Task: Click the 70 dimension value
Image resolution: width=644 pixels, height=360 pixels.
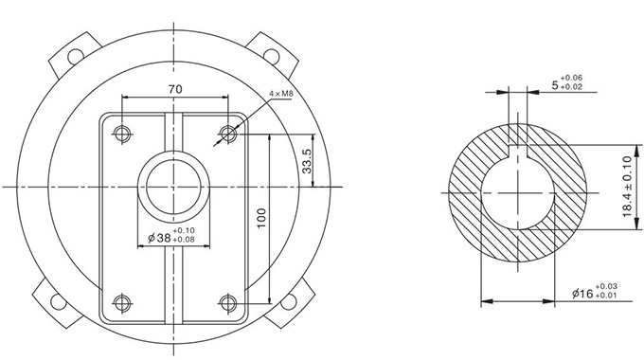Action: tap(175, 89)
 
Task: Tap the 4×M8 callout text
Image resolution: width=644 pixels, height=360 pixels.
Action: tap(281, 94)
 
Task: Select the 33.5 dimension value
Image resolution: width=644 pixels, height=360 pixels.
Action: tap(307, 161)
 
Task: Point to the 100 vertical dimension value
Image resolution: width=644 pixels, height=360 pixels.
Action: tap(261, 218)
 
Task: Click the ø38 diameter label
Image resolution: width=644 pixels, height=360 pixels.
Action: tap(159, 238)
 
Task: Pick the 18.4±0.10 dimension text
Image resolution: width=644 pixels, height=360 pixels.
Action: tap(627, 187)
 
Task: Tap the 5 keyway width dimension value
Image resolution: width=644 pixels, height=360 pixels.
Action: tap(555, 85)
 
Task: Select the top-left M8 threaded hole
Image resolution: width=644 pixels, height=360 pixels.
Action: tap(122, 134)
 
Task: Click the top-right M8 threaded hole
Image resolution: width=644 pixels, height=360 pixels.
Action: tap(228, 134)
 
